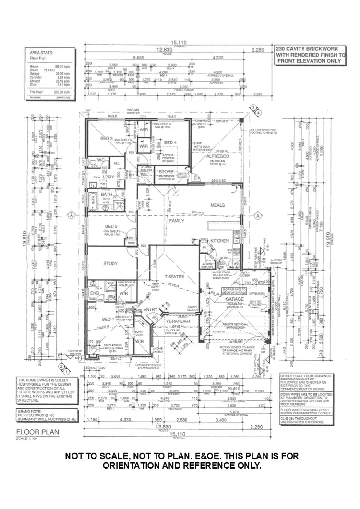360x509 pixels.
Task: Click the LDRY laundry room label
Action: [x=108, y=177]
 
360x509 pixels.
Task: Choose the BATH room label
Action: [x=106, y=194]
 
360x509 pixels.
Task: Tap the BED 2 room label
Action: [x=111, y=226]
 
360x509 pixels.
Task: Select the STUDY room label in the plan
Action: [x=110, y=263]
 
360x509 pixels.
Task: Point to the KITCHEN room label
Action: [x=220, y=240]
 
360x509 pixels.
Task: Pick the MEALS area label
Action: [x=217, y=205]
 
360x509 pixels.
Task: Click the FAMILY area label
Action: [x=177, y=221]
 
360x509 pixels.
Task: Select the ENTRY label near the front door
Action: [x=150, y=309]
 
